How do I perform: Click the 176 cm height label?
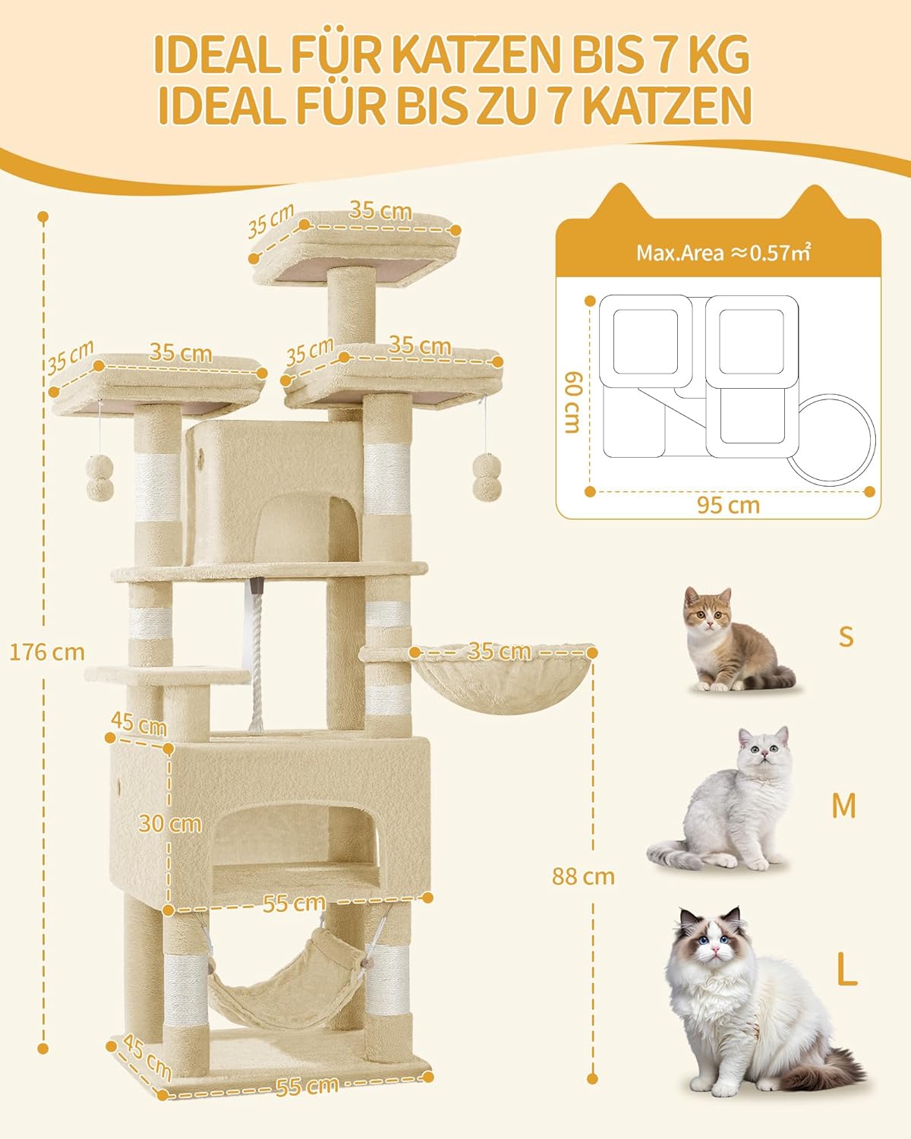point(47,652)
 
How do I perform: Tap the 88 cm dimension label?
point(583,876)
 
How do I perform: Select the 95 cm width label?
point(728,506)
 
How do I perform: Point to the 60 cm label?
point(574,402)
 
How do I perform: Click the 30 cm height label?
point(171,824)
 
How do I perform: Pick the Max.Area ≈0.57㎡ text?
point(723,253)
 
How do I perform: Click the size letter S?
point(846,636)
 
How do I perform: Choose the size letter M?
point(843,805)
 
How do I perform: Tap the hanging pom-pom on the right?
point(487,476)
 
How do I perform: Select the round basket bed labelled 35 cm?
point(504,679)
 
